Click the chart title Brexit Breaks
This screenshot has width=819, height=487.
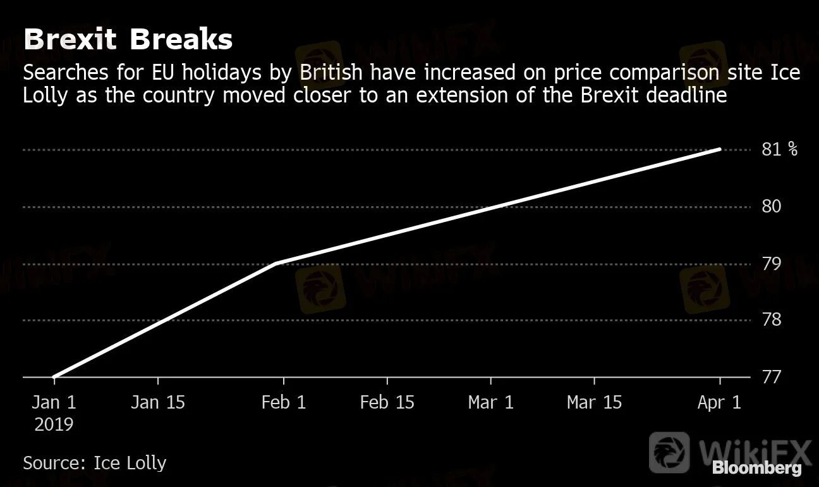coord(128,40)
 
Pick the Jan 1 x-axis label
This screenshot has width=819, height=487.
coord(54,402)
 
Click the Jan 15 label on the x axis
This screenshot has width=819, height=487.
coord(157,402)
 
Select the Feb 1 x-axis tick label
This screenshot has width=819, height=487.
coord(284,402)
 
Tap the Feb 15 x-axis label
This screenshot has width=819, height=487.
coord(387,402)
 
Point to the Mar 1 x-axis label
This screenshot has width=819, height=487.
coord(491,402)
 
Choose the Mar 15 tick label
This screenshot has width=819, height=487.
coord(594,402)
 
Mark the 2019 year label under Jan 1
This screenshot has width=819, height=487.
coord(54,424)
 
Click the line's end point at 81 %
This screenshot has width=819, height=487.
coord(720,150)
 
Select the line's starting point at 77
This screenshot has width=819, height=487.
coord(54,377)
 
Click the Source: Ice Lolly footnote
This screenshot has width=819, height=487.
coord(94,462)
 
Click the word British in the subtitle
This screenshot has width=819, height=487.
coord(331,73)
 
